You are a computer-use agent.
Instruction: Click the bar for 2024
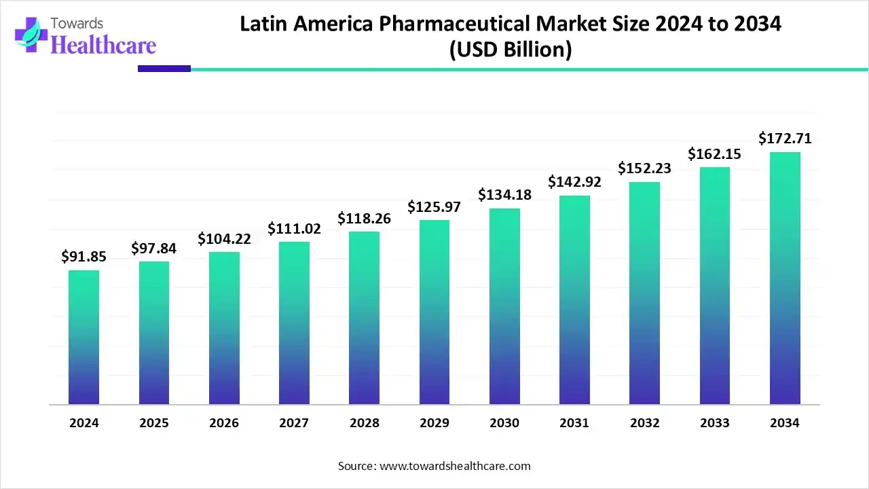pyautogui.click(x=84, y=338)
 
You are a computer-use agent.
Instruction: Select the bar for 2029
pyautogui.click(x=434, y=312)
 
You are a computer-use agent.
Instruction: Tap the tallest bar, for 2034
pyautogui.click(x=785, y=278)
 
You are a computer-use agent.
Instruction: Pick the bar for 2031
pyautogui.click(x=574, y=300)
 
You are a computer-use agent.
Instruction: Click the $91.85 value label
pyautogui.click(x=84, y=257)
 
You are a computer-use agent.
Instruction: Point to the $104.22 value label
pyautogui.click(x=224, y=238)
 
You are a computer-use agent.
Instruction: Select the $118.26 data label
pyautogui.click(x=365, y=219)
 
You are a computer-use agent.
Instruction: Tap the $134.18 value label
pyautogui.click(x=504, y=195)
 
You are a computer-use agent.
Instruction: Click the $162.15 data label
pyautogui.click(x=714, y=154)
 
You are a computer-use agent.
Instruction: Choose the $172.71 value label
pyautogui.click(x=785, y=139)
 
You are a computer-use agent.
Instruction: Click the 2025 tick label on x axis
pyautogui.click(x=154, y=423)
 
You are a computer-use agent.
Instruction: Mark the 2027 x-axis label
pyautogui.click(x=294, y=423)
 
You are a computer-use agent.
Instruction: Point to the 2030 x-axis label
pyautogui.click(x=504, y=423)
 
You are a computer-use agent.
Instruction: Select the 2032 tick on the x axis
pyautogui.click(x=644, y=423)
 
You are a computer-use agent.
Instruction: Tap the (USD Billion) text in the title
pyautogui.click(x=511, y=50)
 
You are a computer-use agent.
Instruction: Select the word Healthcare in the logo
pyautogui.click(x=103, y=45)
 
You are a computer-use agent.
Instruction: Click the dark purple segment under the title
pyautogui.click(x=164, y=69)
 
